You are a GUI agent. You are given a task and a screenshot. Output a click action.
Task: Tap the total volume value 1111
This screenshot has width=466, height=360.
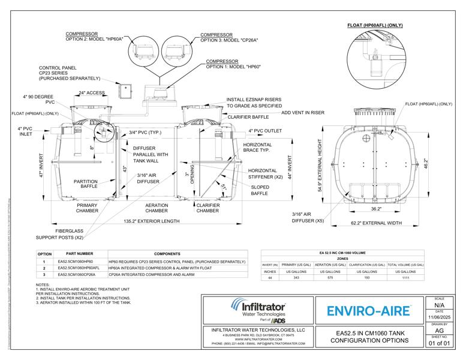pos(405,278)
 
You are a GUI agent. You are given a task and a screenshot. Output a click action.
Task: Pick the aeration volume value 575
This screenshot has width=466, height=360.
pos(331,278)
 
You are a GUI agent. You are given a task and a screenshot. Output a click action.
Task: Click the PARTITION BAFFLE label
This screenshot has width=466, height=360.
pos(86,184)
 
